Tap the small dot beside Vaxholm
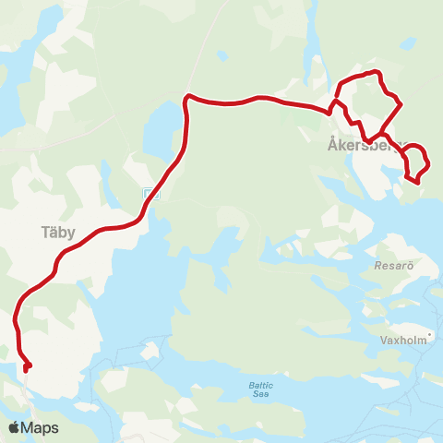click(x=430, y=333)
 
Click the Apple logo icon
click(x=14, y=427)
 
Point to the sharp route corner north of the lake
click(x=187, y=96)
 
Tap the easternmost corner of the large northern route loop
click(x=401, y=104)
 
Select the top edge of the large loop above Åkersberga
click(x=371, y=72)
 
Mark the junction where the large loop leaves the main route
click(x=331, y=111)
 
